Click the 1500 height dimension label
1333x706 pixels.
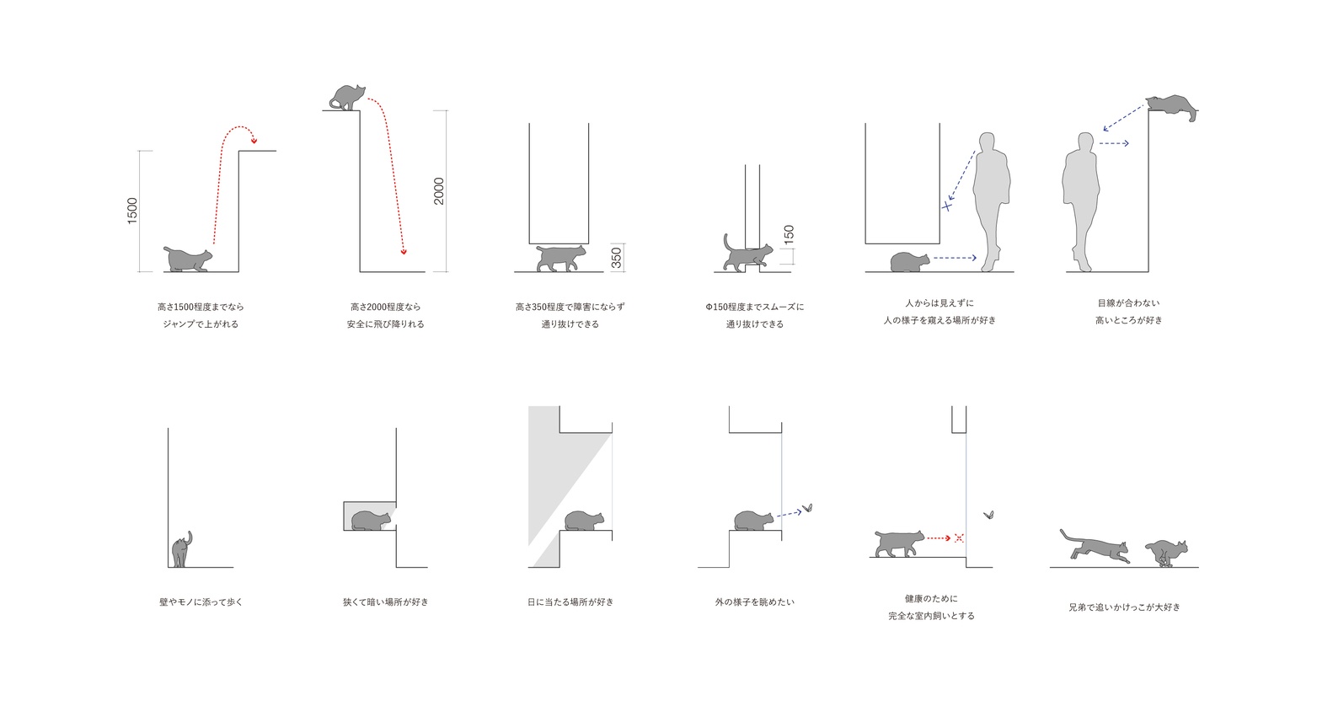point(132,211)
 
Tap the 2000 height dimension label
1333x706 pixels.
point(439,191)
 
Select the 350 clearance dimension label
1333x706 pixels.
point(616,258)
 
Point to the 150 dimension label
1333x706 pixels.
point(789,234)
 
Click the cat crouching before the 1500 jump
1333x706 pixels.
point(188,259)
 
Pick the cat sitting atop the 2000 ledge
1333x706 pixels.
point(347,97)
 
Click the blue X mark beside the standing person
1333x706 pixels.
point(946,206)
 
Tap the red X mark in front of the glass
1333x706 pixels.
point(959,538)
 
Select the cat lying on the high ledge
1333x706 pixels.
point(1172,106)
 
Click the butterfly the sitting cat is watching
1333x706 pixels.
point(807,508)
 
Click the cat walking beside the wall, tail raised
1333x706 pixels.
point(182,549)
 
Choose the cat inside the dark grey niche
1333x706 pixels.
point(371,521)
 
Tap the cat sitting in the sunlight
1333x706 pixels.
point(584,521)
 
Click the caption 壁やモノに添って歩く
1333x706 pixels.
point(201,602)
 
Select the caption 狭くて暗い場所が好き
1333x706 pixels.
point(386,602)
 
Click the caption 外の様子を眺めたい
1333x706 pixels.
point(755,602)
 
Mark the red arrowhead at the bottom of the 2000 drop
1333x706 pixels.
point(404,252)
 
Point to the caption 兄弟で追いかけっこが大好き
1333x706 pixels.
point(1124,607)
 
